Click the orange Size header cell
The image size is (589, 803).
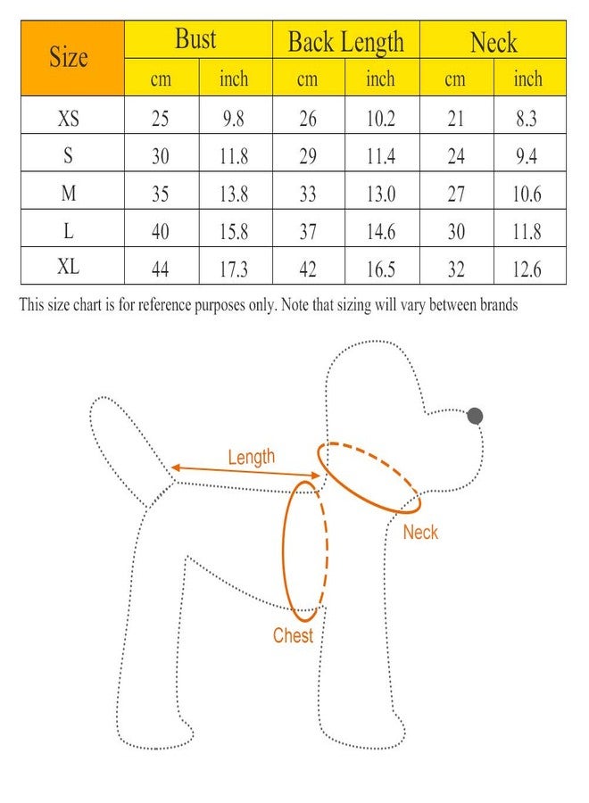click(x=70, y=59)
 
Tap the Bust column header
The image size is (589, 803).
click(x=195, y=40)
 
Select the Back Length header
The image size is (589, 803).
click(x=345, y=41)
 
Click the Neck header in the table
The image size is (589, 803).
click(x=494, y=41)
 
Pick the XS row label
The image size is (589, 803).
click(x=69, y=119)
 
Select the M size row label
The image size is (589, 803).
click(x=69, y=194)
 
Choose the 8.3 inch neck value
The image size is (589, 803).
click(x=527, y=119)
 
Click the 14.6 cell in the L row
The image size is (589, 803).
click(x=380, y=231)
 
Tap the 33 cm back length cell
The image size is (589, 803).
click(x=307, y=194)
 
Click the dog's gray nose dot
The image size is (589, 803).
click(x=475, y=415)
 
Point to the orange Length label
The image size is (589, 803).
click(x=251, y=458)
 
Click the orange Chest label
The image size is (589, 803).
click(x=294, y=635)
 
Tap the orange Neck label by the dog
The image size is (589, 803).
click(x=420, y=533)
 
